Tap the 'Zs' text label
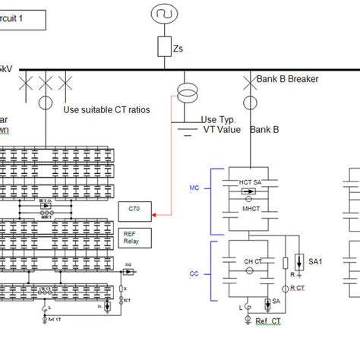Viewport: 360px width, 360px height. tap(178, 49)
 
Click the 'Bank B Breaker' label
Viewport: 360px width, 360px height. tap(286, 78)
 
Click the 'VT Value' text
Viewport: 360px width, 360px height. tap(222, 130)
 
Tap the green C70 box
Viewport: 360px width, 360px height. tap(134, 210)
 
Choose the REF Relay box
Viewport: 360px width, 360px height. tap(134, 236)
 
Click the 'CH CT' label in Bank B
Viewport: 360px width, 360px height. tap(253, 261)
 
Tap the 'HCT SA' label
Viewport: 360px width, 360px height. tap(251, 183)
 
